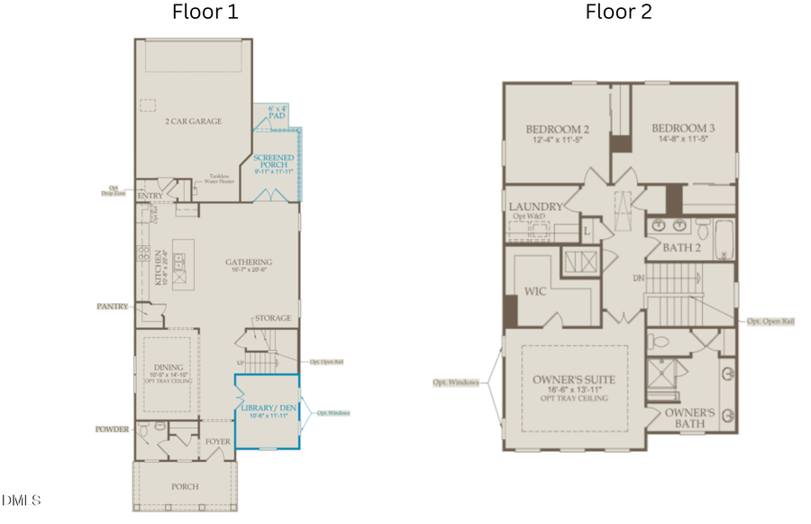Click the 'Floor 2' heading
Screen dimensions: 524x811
pyautogui.click(x=618, y=12)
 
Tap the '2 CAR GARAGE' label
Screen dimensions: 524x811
pyautogui.click(x=193, y=121)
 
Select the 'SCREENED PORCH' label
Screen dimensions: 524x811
pyautogui.click(x=273, y=163)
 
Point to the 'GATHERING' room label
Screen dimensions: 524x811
pyautogui.click(x=249, y=262)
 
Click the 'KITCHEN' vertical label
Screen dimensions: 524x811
pyautogui.click(x=157, y=268)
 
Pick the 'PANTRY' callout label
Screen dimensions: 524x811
pyautogui.click(x=113, y=307)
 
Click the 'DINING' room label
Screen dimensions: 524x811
pyautogui.click(x=169, y=367)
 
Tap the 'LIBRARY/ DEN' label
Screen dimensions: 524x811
pyautogui.click(x=267, y=408)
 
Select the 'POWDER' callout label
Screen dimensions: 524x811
pyautogui.click(x=113, y=429)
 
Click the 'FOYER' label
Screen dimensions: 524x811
pyautogui.click(x=218, y=441)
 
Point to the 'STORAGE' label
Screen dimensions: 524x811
pyautogui.click(x=273, y=318)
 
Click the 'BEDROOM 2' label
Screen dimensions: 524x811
pyautogui.click(x=557, y=129)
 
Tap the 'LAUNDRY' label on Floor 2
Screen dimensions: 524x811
pyautogui.click(x=536, y=207)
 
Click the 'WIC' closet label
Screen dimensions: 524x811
pyautogui.click(x=535, y=292)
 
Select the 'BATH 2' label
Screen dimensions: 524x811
pyautogui.click(x=682, y=246)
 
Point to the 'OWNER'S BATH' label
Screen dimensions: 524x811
pyautogui.click(x=690, y=418)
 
